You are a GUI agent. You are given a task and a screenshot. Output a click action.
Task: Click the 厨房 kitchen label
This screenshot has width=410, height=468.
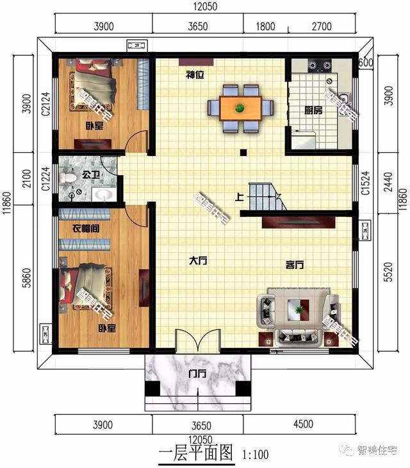tap(313, 110)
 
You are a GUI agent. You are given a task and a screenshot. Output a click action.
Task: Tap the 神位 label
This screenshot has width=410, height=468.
tap(195, 75)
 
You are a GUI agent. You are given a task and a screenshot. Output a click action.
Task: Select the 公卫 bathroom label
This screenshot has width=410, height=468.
tap(88, 173)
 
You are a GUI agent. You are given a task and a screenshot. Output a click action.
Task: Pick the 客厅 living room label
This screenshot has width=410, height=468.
tap(294, 264)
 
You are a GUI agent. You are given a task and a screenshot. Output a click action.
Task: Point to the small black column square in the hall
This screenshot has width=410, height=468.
tap(243, 152)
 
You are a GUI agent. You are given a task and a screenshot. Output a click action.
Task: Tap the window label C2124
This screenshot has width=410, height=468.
tap(45, 103)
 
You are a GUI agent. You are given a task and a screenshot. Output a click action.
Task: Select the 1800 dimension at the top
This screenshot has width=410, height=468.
tap(265, 26)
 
